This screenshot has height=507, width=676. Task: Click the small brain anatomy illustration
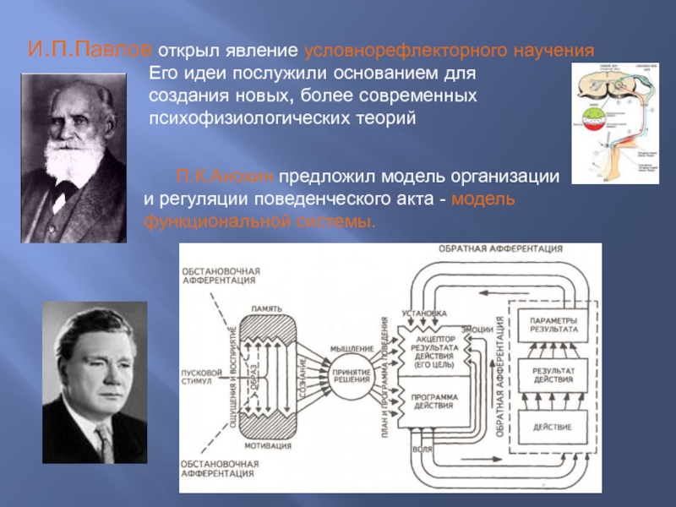620,118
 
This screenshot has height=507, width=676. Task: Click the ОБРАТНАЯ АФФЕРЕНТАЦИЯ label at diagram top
501,249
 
